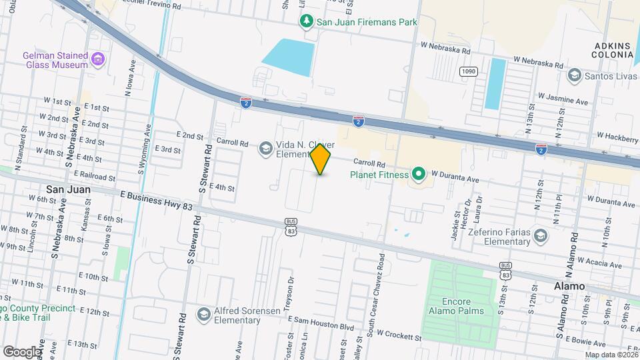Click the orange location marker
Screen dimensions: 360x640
[x=321, y=159]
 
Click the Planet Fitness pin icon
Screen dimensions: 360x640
[x=419, y=175]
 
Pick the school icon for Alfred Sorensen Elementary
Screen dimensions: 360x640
[x=203, y=313]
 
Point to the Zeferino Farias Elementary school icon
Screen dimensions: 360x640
[x=540, y=235]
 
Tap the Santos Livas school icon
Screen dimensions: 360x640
[x=574, y=76]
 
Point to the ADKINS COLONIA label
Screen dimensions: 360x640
[x=611, y=50]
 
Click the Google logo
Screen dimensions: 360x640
[x=21, y=351]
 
